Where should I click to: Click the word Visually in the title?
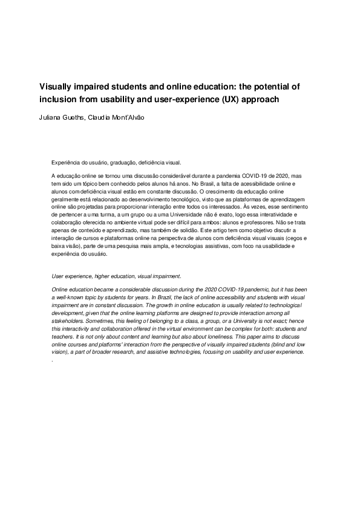click(x=57, y=86)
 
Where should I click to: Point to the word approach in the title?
click(x=261, y=99)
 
